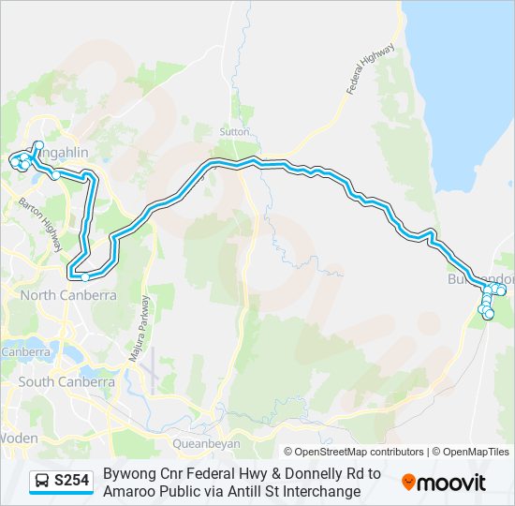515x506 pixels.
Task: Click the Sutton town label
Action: click(x=234, y=132)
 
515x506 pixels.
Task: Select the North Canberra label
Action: click(x=67, y=295)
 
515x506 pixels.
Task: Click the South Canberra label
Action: click(x=66, y=381)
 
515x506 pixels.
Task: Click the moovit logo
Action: click(x=444, y=483)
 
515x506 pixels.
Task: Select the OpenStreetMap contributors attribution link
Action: click(x=354, y=452)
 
